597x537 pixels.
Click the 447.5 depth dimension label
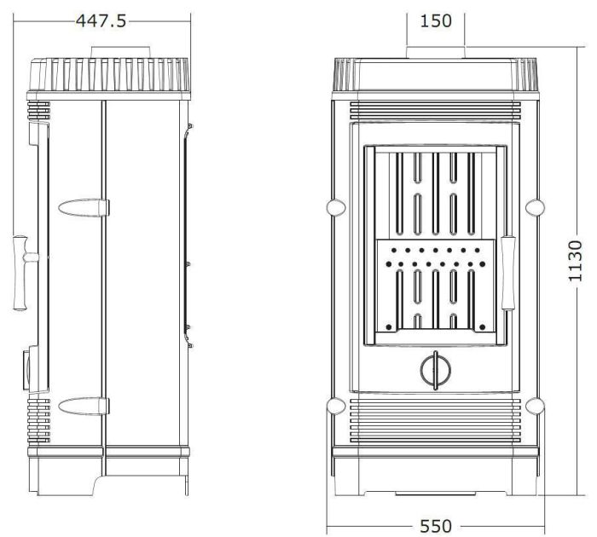coord(101,21)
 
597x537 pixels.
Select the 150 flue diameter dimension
coord(436,20)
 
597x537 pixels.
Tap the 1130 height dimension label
coord(575,261)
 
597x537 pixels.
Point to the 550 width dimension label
coord(436,526)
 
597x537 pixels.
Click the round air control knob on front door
coord(436,370)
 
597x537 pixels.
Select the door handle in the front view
coord(508,273)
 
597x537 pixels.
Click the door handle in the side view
coord(24,273)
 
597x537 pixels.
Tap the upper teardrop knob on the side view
coord(84,208)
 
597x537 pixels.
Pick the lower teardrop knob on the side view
coord(84,406)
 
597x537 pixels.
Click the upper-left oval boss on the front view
coord(336,207)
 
